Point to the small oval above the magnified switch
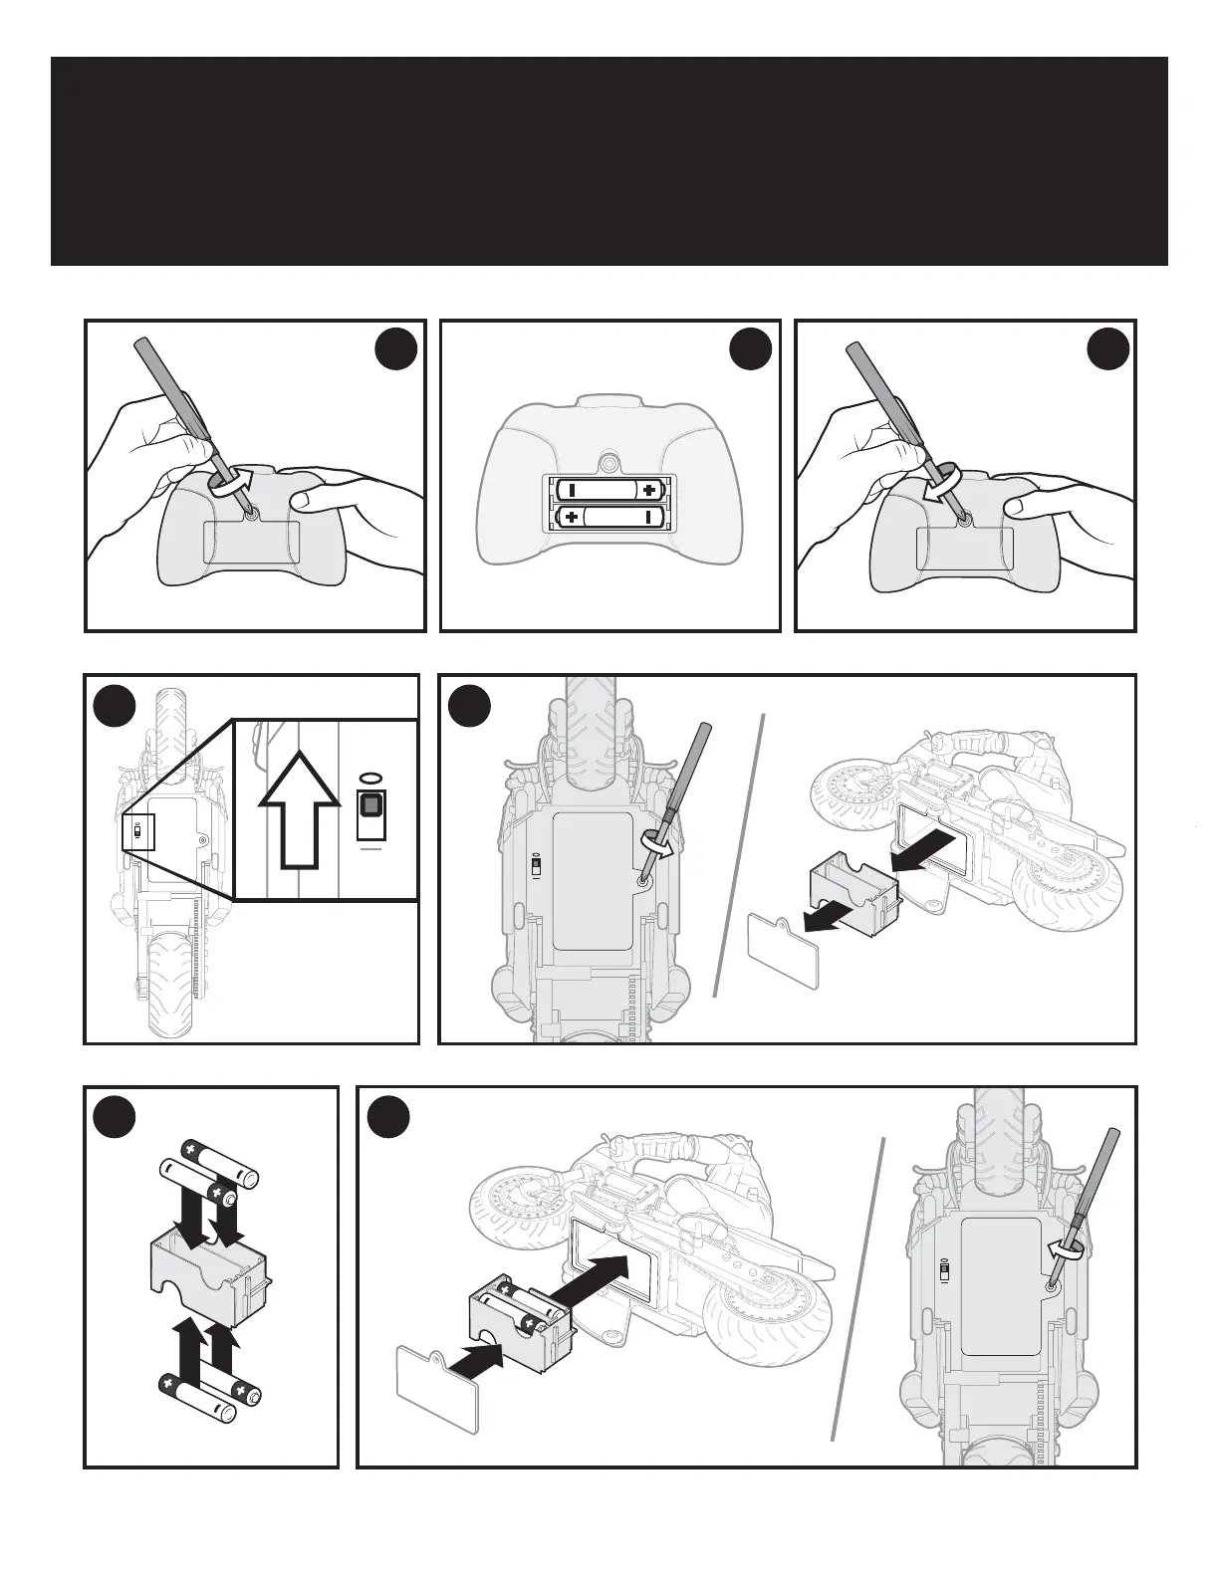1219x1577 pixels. point(370,778)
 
